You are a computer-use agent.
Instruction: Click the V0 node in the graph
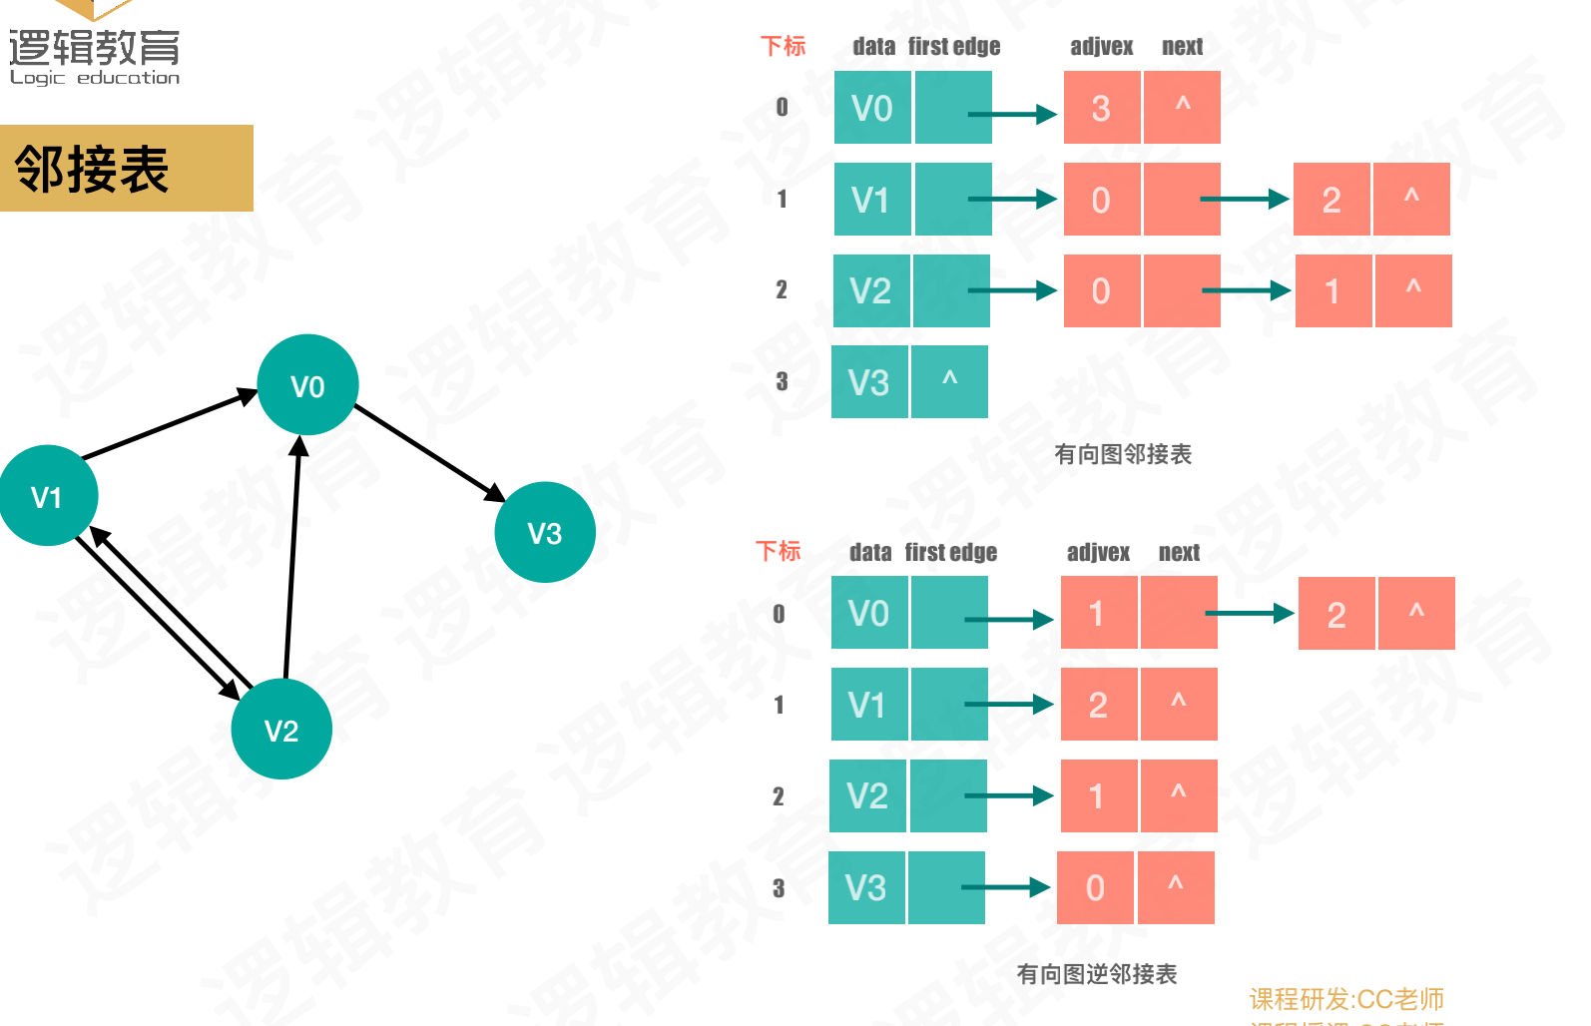[307, 385]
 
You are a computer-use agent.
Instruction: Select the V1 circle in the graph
[48, 496]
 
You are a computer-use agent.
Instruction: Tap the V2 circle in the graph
[281, 730]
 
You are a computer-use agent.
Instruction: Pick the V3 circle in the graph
[545, 532]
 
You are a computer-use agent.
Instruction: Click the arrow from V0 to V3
[429, 452]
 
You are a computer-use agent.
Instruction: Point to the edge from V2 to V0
[292, 559]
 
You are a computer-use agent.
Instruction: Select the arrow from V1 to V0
[168, 426]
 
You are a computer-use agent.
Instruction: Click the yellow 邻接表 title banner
[126, 169]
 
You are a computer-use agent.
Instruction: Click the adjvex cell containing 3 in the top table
[1101, 108]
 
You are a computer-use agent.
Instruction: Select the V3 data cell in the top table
[869, 382]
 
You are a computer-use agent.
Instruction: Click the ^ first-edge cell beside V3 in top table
[949, 382]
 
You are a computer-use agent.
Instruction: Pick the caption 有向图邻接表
[1123, 455]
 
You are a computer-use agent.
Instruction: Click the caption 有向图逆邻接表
[1097, 974]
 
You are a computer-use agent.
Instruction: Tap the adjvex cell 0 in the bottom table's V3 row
[1095, 887]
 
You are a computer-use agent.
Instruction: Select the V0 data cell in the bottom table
[868, 613]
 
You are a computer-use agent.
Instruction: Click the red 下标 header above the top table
[783, 46]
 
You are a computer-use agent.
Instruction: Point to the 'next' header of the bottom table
[1179, 553]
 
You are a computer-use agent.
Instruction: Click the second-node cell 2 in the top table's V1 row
[1331, 200]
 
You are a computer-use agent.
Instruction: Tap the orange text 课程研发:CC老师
[1346, 999]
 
